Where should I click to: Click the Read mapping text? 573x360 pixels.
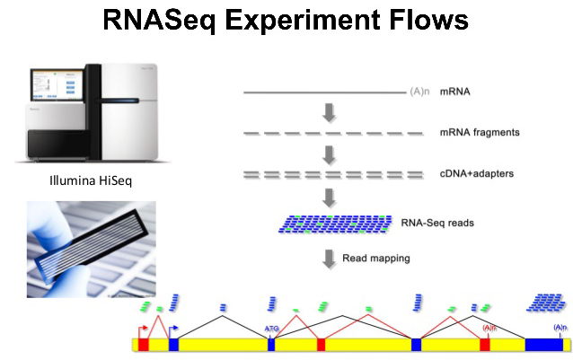(376, 259)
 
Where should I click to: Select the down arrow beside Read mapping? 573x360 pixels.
(330, 259)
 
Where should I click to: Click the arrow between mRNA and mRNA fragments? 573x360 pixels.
(330, 112)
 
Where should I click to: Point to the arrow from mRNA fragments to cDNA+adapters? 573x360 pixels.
(330, 153)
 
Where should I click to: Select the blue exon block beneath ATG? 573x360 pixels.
(271, 344)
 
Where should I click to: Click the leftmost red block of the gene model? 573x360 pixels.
(144, 344)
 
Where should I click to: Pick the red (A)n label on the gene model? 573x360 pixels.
(489, 329)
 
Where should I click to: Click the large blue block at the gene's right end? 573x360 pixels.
(544, 344)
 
